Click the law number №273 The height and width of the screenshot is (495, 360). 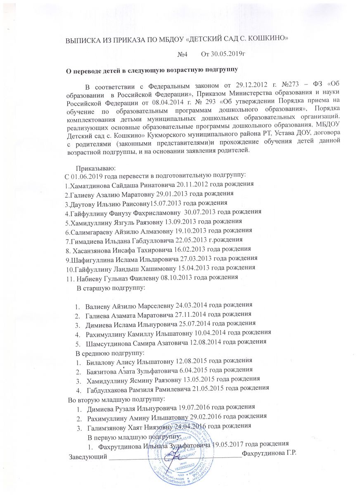(x=279, y=87)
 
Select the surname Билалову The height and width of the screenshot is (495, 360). (x=102, y=361)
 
